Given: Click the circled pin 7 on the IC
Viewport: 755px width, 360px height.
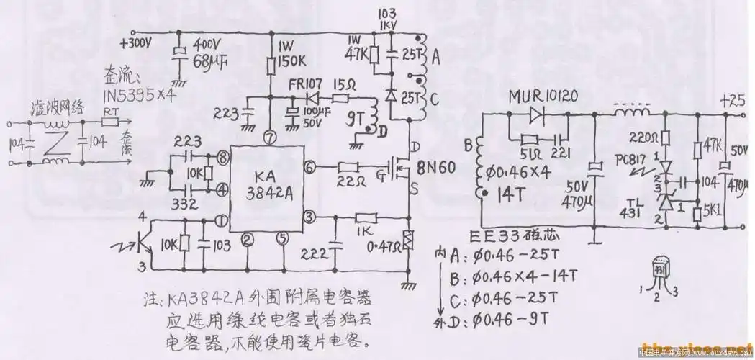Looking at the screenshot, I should (x=269, y=134).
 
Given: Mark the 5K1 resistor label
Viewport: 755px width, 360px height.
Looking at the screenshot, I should (x=718, y=214).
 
